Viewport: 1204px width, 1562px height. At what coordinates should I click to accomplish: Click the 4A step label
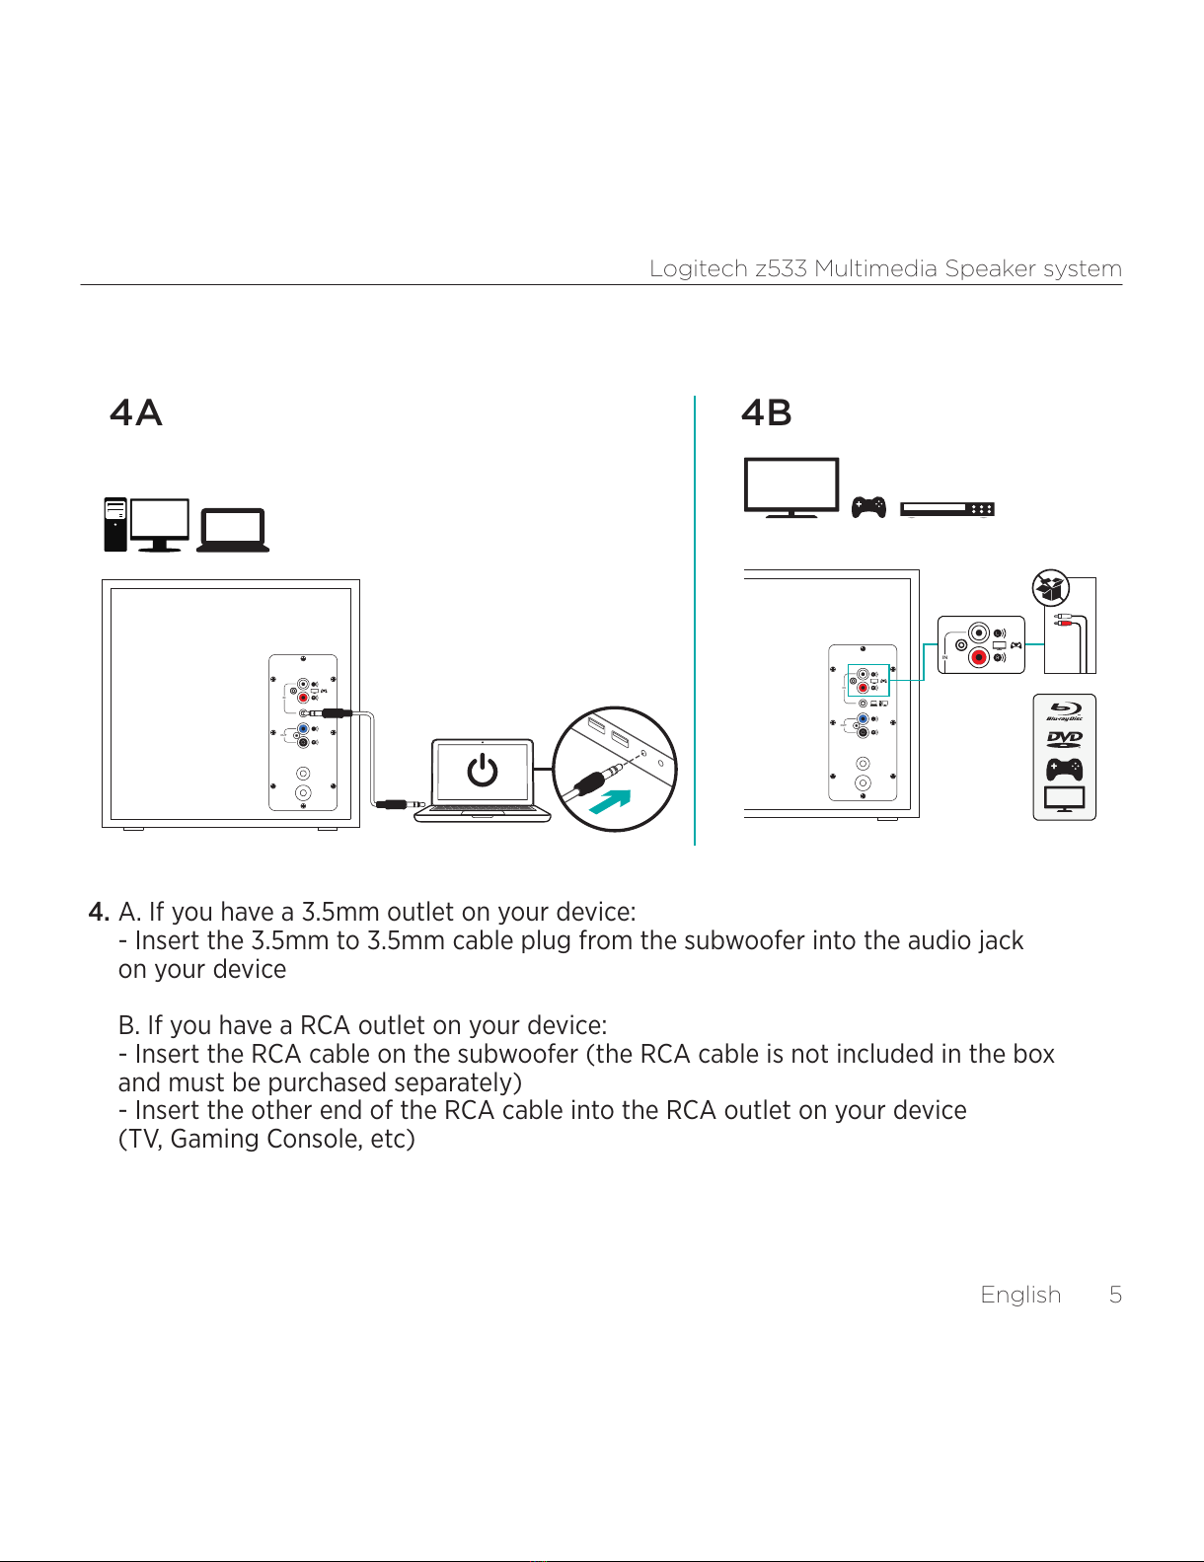coord(136,412)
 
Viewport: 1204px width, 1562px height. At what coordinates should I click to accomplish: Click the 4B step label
coord(767,412)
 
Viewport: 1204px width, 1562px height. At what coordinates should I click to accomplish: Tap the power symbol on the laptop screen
coord(483,769)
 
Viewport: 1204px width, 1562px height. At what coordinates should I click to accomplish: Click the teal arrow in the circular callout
coord(610,801)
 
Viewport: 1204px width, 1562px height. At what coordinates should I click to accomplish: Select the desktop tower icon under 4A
coord(115,524)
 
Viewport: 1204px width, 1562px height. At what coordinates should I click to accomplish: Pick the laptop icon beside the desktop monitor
coord(233,530)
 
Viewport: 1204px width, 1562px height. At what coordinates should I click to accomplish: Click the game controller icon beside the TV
coord(868,507)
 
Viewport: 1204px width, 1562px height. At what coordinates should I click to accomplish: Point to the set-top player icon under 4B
coord(947,509)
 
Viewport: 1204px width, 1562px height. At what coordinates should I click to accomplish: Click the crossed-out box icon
coord(1051,588)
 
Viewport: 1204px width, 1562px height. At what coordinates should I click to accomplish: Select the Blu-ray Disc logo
coord(1065,710)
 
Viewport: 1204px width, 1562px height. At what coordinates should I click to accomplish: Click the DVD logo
coord(1065,738)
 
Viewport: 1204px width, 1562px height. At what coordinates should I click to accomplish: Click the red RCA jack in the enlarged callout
coord(979,657)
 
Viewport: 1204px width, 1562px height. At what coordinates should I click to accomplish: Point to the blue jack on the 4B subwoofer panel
coord(863,719)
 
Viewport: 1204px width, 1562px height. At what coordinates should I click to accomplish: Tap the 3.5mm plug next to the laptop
coord(401,804)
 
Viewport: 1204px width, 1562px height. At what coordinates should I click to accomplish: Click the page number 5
coord(1115,1295)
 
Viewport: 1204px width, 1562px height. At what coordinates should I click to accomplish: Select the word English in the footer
coord(1020,1295)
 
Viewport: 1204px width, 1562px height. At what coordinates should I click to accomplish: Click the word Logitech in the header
coord(699,268)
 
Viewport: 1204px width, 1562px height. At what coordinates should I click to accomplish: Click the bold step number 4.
coord(99,912)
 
